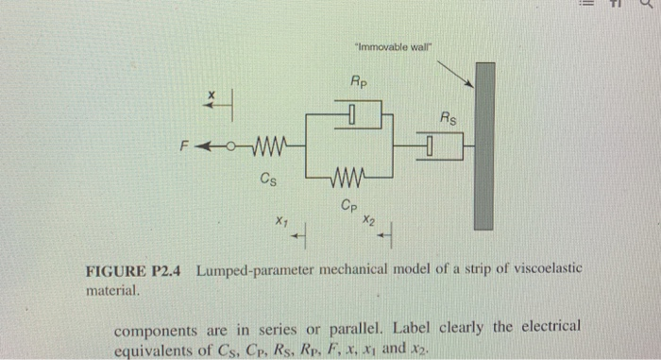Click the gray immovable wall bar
484,146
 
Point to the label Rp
360,83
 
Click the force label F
187,146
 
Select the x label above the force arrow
212,94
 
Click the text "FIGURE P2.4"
135,271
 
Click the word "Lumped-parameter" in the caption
254,271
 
